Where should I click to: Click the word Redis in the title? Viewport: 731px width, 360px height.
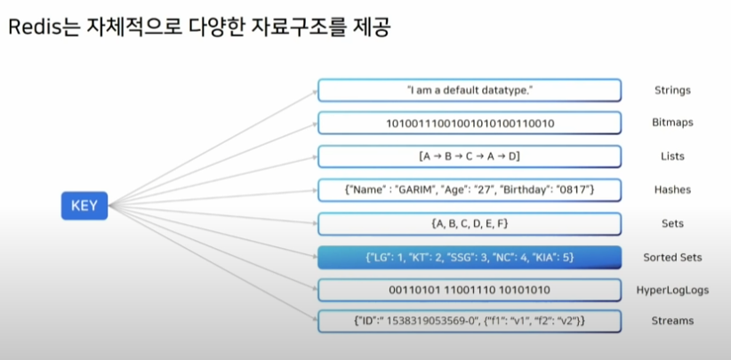pyautogui.click(x=34, y=28)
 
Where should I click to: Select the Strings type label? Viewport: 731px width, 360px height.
pyautogui.click(x=672, y=90)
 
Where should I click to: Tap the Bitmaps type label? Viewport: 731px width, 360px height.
pyautogui.click(x=672, y=123)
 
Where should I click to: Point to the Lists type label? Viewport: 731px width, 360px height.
pyautogui.click(x=672, y=156)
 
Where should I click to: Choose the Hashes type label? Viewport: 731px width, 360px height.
pyautogui.click(x=672, y=189)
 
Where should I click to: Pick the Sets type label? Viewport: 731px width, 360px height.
pyautogui.click(x=672, y=223)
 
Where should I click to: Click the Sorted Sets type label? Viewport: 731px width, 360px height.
pyautogui.click(x=672, y=257)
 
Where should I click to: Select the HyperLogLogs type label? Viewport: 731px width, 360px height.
pyautogui.click(x=672, y=290)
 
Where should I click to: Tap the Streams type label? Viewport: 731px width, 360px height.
pyautogui.click(x=672, y=321)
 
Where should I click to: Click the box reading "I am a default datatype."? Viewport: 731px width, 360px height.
pyautogui.click(x=469, y=90)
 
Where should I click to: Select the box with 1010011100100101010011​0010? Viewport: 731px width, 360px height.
pyautogui.click(x=469, y=123)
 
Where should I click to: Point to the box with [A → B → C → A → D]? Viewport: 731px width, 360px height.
pyautogui.click(x=469, y=156)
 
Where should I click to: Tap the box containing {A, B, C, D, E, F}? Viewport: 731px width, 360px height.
pyautogui.click(x=469, y=223)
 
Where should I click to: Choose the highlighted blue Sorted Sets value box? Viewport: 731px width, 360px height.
pyautogui.click(x=469, y=257)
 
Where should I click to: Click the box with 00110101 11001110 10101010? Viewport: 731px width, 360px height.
pyautogui.click(x=469, y=290)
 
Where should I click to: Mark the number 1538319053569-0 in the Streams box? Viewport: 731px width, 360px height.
pyautogui.click(x=430, y=321)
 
